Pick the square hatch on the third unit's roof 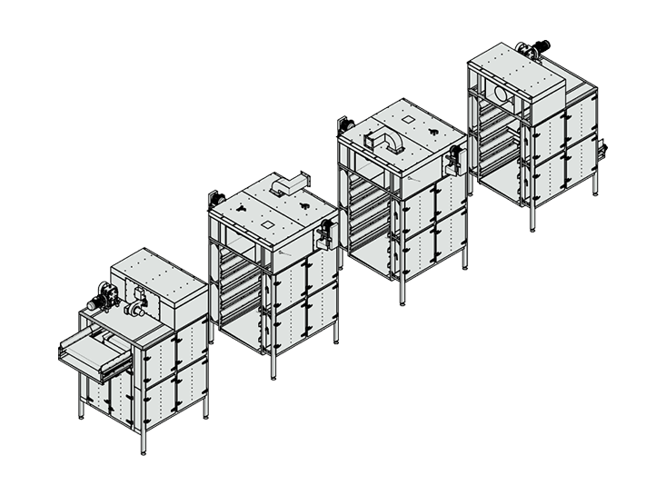[407, 119]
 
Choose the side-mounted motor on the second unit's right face [322, 234]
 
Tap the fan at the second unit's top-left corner [216, 197]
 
